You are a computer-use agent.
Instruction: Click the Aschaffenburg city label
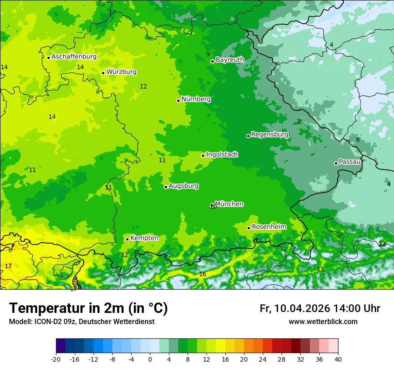[x=74, y=57]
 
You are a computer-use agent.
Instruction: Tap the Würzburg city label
[x=121, y=72]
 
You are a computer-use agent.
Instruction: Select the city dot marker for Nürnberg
[x=178, y=101]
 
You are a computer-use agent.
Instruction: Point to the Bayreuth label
[x=230, y=60]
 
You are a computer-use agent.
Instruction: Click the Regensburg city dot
[x=248, y=136]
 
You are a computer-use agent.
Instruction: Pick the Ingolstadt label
[x=222, y=155]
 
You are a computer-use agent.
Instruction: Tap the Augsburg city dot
[x=166, y=187]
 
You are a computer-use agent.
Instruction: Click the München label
[x=229, y=204]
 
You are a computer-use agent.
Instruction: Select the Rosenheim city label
[x=269, y=227]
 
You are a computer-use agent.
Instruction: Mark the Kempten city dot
[x=127, y=239]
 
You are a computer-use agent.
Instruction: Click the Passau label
[x=350, y=162]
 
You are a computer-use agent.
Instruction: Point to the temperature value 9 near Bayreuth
[x=208, y=54]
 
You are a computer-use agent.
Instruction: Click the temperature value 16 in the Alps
[x=202, y=274]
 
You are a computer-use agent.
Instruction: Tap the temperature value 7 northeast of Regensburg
[x=299, y=122]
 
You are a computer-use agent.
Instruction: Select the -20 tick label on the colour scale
[x=56, y=359]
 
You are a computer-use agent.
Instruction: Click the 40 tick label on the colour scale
[x=338, y=359]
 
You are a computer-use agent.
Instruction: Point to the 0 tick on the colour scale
[x=150, y=359]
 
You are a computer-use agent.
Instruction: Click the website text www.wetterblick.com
[x=323, y=322]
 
